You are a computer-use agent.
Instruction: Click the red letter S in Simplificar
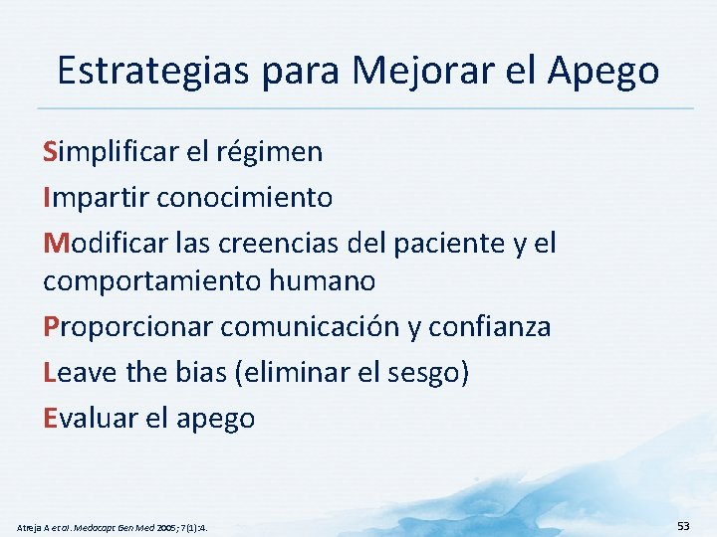[50, 152]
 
